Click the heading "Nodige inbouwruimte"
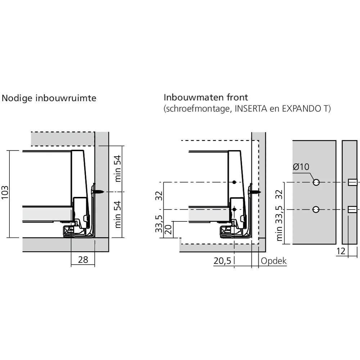coord(49,98)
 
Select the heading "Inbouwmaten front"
coord(206,98)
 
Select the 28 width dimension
coord(83,259)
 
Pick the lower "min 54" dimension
coord(118,215)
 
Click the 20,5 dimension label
coord(222,261)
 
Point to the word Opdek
coord(274,261)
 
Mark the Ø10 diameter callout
coord(301,167)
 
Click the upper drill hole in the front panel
coord(316,183)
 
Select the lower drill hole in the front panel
coord(316,209)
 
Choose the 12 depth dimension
coord(341,251)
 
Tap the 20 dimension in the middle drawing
coord(168,230)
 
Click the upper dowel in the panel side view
coord(352,183)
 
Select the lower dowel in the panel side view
coord(352,209)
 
